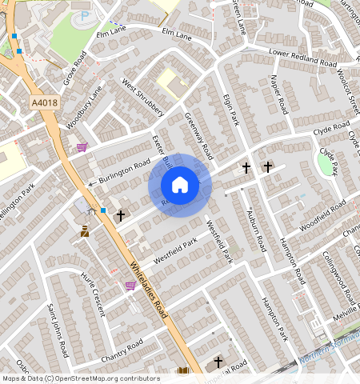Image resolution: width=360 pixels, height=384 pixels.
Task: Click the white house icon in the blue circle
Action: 180,186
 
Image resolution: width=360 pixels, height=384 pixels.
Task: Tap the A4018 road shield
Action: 45,102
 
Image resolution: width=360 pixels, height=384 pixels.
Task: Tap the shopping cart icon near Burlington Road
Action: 82,147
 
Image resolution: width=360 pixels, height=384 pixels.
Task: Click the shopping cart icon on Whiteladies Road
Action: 130,285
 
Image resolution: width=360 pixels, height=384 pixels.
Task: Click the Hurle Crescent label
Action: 93,294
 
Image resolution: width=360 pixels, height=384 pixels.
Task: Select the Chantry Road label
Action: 122,349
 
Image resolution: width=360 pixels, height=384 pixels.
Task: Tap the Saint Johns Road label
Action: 57,330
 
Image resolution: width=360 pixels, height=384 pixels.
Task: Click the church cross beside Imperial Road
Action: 218,362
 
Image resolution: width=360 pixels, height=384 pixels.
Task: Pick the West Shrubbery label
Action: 142,96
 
